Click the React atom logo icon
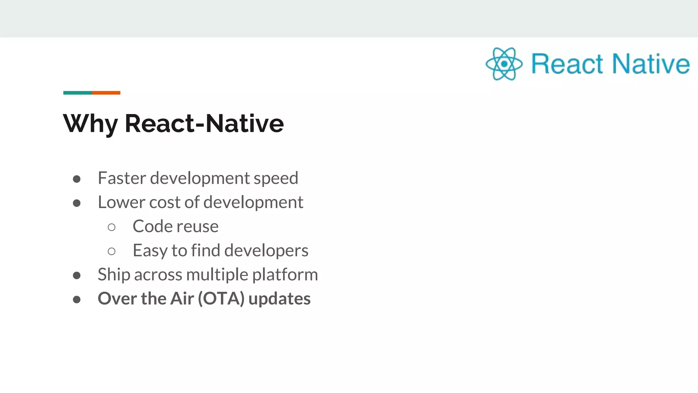[x=504, y=64]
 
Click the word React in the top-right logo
[x=567, y=64]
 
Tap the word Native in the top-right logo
[x=651, y=64]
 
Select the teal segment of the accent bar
[x=77, y=93]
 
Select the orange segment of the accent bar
[x=106, y=93]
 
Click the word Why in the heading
[x=90, y=123]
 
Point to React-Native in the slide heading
[x=204, y=123]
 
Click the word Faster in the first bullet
[x=122, y=178]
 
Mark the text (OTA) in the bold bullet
[x=221, y=299]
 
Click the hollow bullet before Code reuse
[x=111, y=227]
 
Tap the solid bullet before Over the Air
[x=77, y=300]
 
